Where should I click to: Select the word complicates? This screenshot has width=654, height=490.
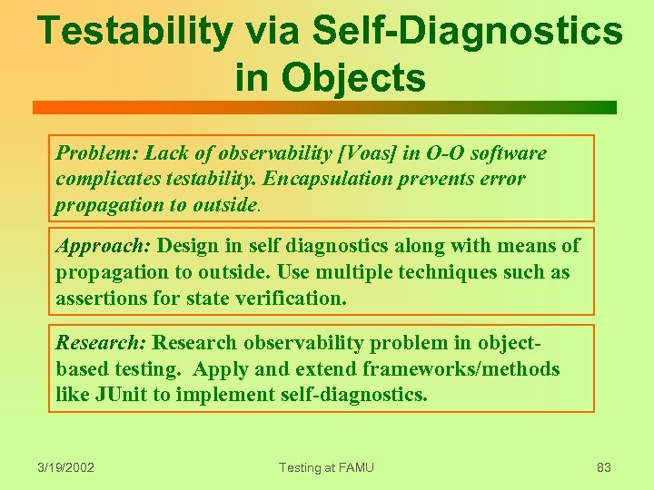(110, 179)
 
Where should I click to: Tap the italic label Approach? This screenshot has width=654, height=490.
(104, 246)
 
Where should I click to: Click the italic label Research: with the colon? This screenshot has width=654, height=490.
(101, 343)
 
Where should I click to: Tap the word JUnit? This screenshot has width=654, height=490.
(127, 395)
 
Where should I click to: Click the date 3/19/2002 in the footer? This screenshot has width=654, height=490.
(65, 467)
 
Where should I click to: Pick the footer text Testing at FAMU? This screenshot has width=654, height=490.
(326, 467)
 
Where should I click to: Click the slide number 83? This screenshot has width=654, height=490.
(603, 467)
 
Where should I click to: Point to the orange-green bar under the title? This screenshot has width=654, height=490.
(324, 108)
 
